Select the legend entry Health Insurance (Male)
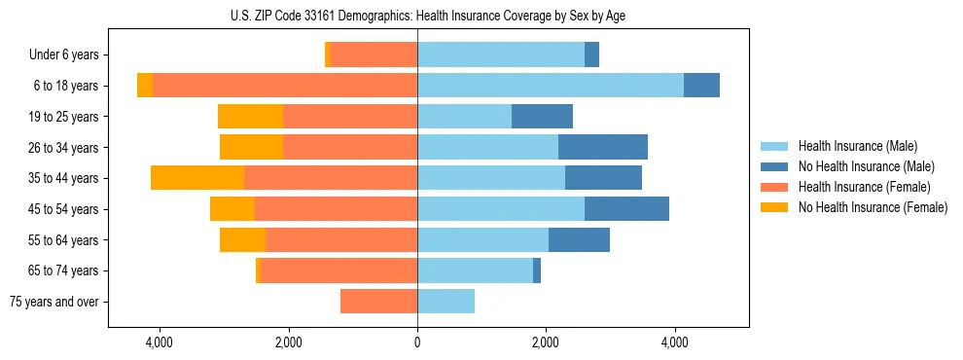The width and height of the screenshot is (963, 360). pyautogui.click(x=857, y=146)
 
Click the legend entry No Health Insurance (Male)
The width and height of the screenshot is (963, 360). pyautogui.click(x=866, y=166)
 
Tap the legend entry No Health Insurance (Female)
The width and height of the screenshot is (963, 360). pyautogui.click(x=872, y=207)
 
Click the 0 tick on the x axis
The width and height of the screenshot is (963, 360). pyautogui.click(x=417, y=342)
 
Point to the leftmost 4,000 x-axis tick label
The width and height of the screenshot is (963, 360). pyautogui.click(x=160, y=342)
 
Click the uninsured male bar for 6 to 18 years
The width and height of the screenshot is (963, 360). pyautogui.click(x=701, y=86)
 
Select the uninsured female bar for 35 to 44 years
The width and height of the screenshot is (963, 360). pyautogui.click(x=197, y=178)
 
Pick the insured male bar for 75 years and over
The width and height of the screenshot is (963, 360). pyautogui.click(x=446, y=302)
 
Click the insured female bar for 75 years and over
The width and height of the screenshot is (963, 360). pyautogui.click(x=378, y=302)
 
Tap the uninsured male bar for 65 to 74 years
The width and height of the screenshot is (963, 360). pyautogui.click(x=537, y=270)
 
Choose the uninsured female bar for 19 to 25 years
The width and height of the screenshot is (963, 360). pyautogui.click(x=250, y=117)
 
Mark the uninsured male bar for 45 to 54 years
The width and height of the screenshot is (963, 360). pyautogui.click(x=626, y=209)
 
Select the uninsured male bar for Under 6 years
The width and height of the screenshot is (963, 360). pyautogui.click(x=591, y=55)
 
